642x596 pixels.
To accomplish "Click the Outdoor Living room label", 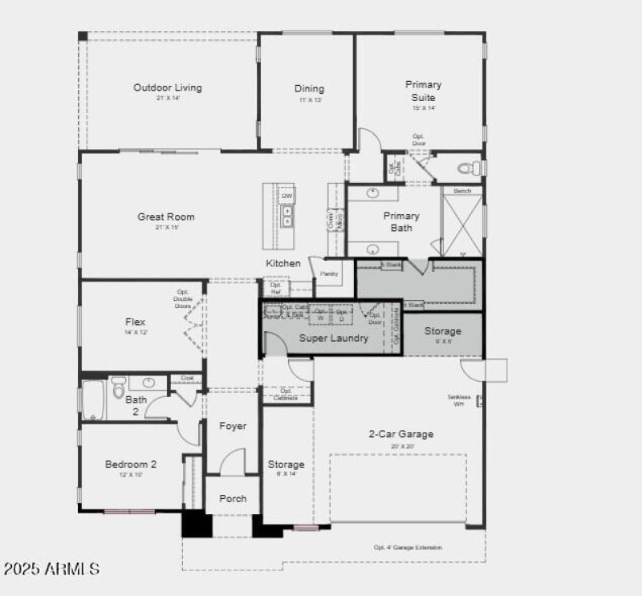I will click(x=168, y=88).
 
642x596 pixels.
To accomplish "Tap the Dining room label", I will click(x=309, y=89).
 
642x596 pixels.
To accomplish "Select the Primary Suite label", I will click(x=423, y=91).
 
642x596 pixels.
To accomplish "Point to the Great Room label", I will click(x=166, y=217).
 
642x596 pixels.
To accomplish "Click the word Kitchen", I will click(x=283, y=263).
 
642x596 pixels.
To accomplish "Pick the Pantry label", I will click(x=329, y=274).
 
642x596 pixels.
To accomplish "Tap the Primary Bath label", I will click(x=401, y=221).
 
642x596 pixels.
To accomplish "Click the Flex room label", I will click(x=136, y=322).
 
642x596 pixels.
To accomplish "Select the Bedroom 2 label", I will click(x=131, y=464).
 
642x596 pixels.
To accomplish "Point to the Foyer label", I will click(x=233, y=426).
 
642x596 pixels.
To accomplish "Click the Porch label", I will click(x=233, y=498).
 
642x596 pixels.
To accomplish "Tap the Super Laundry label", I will click(x=334, y=338).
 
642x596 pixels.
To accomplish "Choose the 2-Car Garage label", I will click(x=400, y=434).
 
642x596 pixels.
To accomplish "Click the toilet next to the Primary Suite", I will click(x=468, y=168).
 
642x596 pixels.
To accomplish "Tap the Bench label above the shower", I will click(x=462, y=191).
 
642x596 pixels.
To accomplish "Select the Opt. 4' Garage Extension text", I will click(x=408, y=547).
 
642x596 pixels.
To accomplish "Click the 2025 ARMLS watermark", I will click(x=51, y=569).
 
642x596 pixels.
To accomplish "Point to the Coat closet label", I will click(x=186, y=378).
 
